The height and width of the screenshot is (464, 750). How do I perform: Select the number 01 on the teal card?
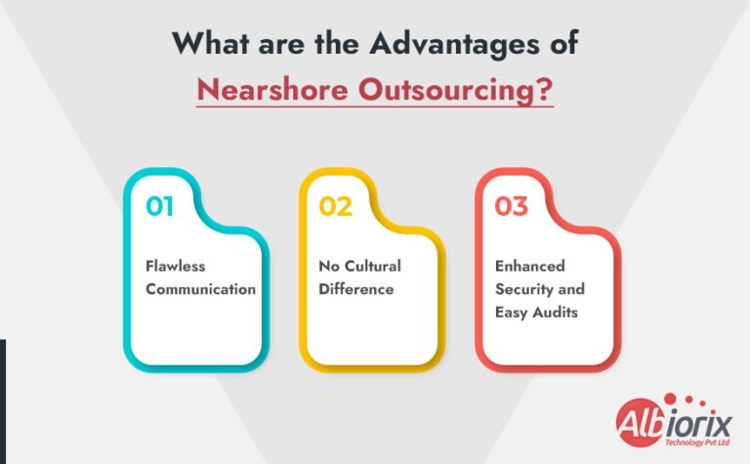pyautogui.click(x=161, y=206)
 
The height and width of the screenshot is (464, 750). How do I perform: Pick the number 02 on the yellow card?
pyautogui.click(x=336, y=206)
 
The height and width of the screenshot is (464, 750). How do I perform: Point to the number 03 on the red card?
pyautogui.click(x=512, y=206)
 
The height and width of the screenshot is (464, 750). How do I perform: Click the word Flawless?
pyautogui.click(x=175, y=266)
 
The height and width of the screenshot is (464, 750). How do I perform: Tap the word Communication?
pyautogui.click(x=200, y=289)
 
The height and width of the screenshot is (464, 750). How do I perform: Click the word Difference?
pyautogui.click(x=355, y=289)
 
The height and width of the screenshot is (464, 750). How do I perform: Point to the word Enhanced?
pyautogui.click(x=530, y=266)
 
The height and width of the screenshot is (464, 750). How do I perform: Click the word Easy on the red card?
pyautogui.click(x=514, y=313)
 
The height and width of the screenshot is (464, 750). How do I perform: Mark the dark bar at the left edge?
pyautogui.click(x=3, y=401)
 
